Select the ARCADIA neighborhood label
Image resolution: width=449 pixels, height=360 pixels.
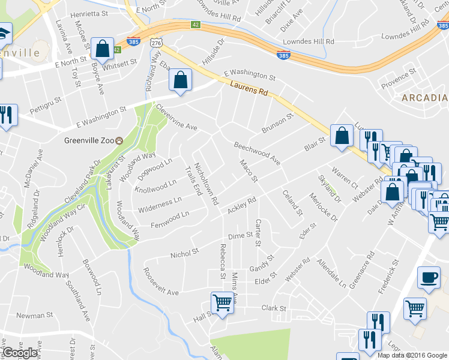point(424,98)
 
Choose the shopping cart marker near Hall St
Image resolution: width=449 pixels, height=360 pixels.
point(222,302)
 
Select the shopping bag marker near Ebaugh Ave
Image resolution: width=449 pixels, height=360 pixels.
point(180,80)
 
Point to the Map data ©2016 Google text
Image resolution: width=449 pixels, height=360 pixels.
point(412,355)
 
